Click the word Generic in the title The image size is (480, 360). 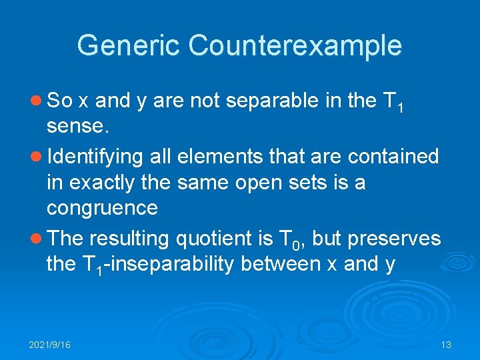point(129,46)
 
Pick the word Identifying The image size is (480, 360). point(95,157)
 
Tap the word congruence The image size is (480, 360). point(102,209)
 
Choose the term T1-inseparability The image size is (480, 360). point(157,265)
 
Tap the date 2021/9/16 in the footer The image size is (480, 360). point(49,345)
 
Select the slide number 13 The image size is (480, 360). point(446,345)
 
